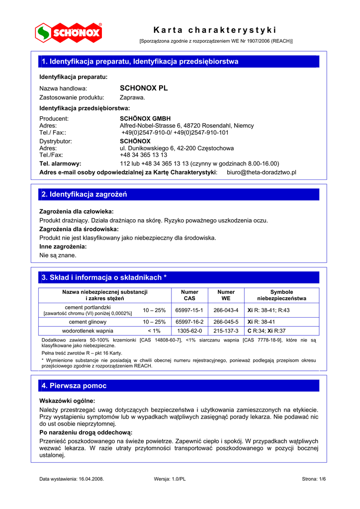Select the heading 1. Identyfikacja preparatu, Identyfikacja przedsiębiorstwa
[140, 62]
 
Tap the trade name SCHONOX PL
[144, 88]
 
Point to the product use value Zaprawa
[132, 97]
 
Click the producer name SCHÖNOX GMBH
[145, 119]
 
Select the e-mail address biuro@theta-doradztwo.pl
[261, 172]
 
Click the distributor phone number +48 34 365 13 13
[144, 155]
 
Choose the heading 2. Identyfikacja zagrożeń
[85, 194]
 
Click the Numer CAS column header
[189, 295]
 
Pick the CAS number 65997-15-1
[189, 310]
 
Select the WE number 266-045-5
[226, 322]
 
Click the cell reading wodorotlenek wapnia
[88, 331]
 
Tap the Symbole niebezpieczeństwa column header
[281, 295]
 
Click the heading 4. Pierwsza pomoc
[75, 386]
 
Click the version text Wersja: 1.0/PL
[170, 479]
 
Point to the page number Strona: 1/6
[314, 479]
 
